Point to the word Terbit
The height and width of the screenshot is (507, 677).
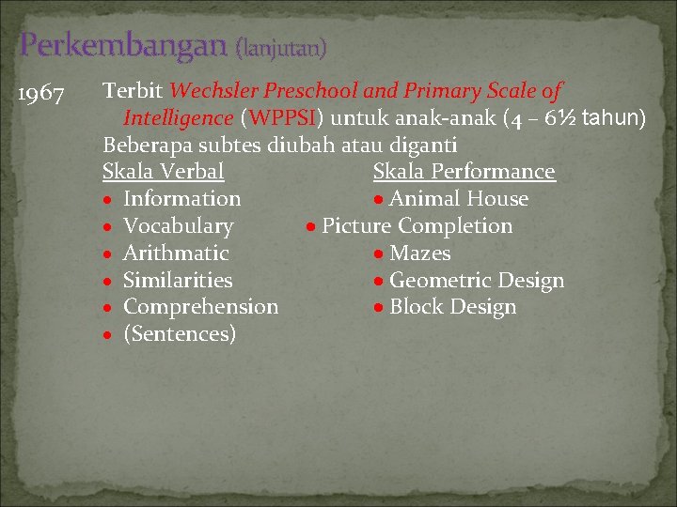(134, 91)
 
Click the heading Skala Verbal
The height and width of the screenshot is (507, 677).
(164, 172)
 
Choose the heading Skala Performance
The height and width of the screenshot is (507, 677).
(464, 172)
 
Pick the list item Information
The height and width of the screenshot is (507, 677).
(181, 199)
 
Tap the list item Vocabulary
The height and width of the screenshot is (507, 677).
(178, 226)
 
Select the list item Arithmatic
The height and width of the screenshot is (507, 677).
(176, 253)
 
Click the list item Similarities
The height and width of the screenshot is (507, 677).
(178, 281)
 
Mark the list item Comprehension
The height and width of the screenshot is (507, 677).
(200, 307)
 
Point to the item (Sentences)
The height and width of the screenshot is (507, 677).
(180, 334)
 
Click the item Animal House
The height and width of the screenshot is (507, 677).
(458, 199)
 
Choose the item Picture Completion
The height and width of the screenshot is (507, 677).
(417, 226)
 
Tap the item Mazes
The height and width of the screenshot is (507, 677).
(419, 253)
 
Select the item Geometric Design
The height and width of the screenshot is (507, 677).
(476, 281)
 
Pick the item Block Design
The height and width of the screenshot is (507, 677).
(452, 307)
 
